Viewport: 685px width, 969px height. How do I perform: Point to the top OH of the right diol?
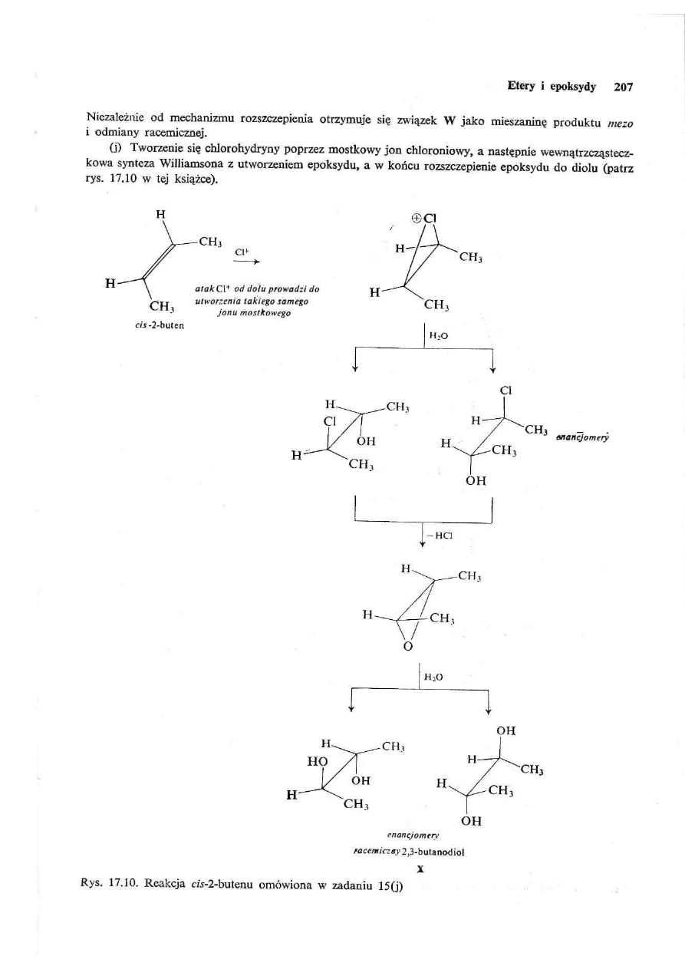506,731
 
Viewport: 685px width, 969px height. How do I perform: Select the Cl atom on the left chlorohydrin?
330,421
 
